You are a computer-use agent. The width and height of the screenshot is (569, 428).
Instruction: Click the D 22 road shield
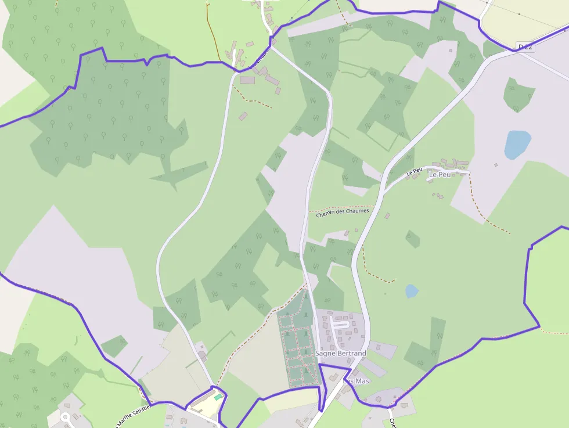pyautogui.click(x=524, y=46)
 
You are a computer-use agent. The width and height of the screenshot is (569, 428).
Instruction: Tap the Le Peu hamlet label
pyautogui.click(x=440, y=174)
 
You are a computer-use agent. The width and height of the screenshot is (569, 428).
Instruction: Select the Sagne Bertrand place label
pyautogui.click(x=340, y=353)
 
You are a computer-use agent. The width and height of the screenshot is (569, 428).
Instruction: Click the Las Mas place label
pyautogui.click(x=356, y=381)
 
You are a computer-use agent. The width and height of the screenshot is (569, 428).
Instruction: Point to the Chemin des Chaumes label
pyautogui.click(x=343, y=211)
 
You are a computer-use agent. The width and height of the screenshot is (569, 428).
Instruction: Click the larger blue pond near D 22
pyautogui.click(x=517, y=145)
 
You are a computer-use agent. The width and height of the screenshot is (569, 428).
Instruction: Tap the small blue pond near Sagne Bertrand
pyautogui.click(x=412, y=291)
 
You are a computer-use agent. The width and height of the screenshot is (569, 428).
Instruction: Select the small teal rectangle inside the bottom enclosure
pyautogui.click(x=218, y=397)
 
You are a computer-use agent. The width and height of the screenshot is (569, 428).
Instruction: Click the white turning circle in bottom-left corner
pyautogui.click(x=65, y=417)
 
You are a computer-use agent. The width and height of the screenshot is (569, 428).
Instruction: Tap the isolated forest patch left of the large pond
pyautogui.click(x=518, y=95)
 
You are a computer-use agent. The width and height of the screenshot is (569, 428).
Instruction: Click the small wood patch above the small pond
pyautogui.click(x=413, y=238)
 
